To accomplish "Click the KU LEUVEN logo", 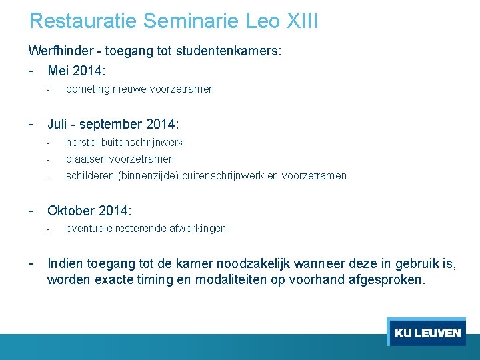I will tap(427, 333).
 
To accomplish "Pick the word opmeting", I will tap(87, 89).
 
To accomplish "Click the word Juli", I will tap(59, 124).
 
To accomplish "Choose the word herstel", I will tap(81, 143).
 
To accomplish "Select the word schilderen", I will tap(90, 176).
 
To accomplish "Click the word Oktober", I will tap(71, 211).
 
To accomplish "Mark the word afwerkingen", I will tap(197, 229).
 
